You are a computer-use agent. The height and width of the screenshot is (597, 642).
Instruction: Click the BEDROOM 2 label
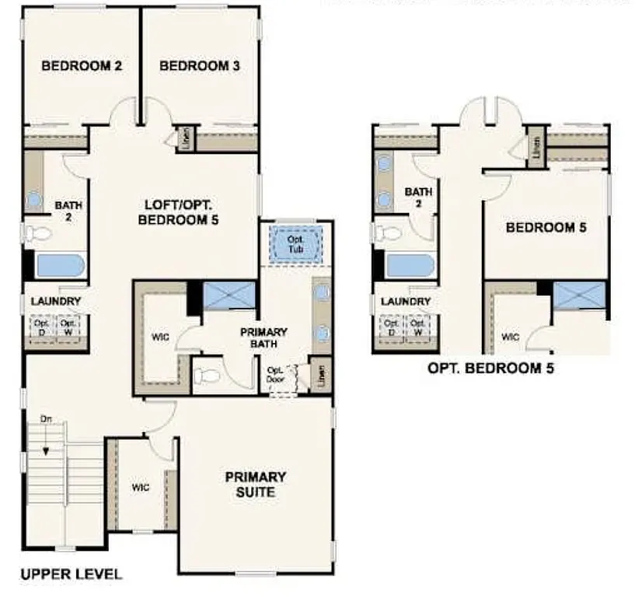pyautogui.click(x=81, y=66)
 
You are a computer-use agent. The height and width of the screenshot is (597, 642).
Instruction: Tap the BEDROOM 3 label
pyautogui.click(x=199, y=66)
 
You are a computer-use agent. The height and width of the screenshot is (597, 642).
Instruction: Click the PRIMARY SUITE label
pyautogui.click(x=256, y=484)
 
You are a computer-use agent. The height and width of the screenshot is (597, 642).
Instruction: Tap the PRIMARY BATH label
pyautogui.click(x=263, y=338)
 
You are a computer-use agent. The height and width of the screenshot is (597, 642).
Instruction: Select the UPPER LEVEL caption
pyautogui.click(x=71, y=575)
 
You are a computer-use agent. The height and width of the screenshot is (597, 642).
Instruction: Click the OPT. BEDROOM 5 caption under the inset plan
pyautogui.click(x=490, y=368)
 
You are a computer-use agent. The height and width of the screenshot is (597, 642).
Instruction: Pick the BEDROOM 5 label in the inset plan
pyautogui.click(x=546, y=228)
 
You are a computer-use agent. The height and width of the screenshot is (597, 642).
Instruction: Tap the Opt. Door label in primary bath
pyautogui.click(x=276, y=376)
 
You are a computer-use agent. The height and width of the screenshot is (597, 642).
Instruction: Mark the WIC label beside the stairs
pyautogui.click(x=140, y=487)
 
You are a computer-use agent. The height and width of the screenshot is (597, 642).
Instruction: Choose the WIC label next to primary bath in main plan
pyautogui.click(x=159, y=337)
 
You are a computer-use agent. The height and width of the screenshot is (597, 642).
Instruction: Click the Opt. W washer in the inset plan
pyautogui.click(x=418, y=327)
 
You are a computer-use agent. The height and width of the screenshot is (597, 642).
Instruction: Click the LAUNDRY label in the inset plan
pyautogui.click(x=404, y=302)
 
